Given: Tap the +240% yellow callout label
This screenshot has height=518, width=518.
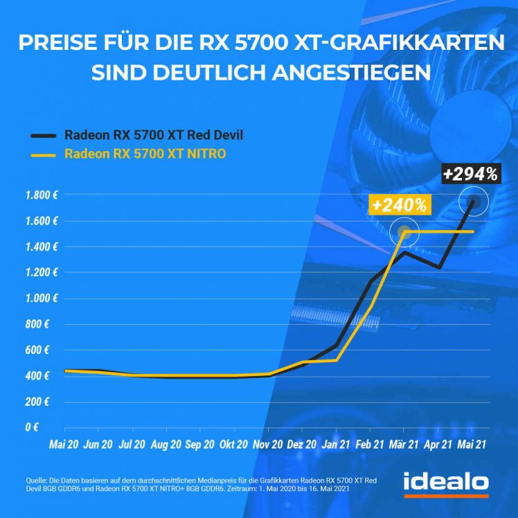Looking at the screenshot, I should [399, 205].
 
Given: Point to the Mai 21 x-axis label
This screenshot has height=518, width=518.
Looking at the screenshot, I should [473, 443].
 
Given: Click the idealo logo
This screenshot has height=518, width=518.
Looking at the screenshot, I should [446, 483].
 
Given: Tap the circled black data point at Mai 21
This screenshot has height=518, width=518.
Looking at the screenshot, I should [473, 202].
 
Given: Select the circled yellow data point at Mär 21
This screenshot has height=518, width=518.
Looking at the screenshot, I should [406, 232].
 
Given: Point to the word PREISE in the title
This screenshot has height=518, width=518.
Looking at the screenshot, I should [54, 43].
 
